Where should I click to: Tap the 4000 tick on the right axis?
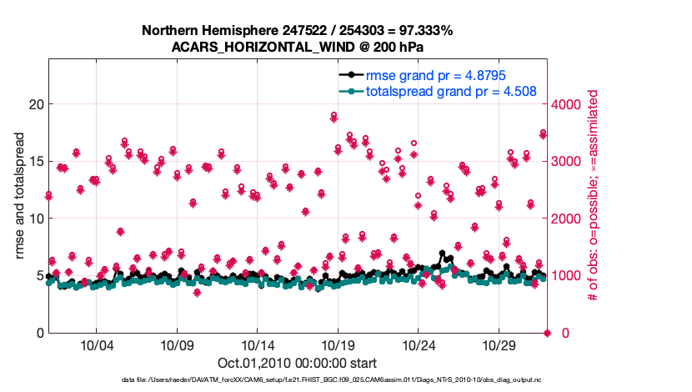click(569, 104)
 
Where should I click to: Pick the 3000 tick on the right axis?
click(569, 161)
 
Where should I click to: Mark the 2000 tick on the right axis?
click(569, 219)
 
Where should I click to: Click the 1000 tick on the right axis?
click(569, 276)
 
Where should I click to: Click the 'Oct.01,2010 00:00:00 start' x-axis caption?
click(298, 364)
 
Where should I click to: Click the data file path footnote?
click(297, 380)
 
